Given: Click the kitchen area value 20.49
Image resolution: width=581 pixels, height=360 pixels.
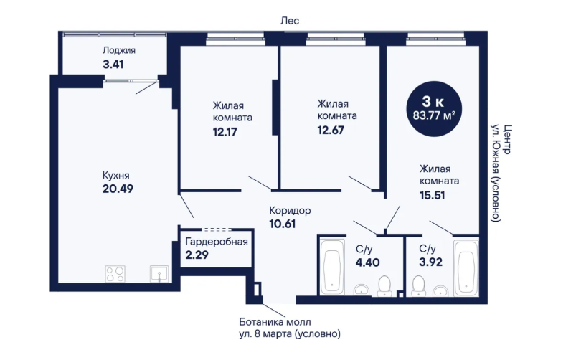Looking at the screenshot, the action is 118,189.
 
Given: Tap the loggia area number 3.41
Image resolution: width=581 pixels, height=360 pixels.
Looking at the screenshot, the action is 113,65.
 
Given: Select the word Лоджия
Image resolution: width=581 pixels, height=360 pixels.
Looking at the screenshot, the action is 119,50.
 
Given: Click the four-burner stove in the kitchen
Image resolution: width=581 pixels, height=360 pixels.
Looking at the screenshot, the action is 115,274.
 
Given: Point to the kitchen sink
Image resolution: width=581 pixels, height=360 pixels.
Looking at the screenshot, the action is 159,274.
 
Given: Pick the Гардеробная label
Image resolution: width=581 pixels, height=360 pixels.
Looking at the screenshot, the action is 217,242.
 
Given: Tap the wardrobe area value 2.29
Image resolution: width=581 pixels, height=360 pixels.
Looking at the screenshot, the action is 197,255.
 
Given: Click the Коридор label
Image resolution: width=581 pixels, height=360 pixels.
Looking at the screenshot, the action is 290,211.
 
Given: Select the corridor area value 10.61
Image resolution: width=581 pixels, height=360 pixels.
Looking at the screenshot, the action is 283,224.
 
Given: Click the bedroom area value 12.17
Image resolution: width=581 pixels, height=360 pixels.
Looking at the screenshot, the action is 225,132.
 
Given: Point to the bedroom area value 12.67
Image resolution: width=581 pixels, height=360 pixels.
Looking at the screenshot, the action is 331,130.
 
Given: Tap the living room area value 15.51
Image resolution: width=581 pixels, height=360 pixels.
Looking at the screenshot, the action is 432,195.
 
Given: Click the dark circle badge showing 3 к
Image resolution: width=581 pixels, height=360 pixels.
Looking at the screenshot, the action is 434,109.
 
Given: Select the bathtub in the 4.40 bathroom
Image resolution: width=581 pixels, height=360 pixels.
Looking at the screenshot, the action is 332,267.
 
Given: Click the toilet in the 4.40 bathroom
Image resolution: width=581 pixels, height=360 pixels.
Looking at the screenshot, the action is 384,286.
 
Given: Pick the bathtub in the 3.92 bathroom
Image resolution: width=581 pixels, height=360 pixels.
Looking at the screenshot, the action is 466,267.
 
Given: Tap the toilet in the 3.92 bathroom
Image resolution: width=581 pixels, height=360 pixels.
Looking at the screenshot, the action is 418,286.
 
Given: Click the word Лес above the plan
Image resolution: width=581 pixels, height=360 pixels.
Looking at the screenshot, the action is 290,21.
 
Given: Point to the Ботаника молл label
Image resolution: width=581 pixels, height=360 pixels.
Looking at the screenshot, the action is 275,321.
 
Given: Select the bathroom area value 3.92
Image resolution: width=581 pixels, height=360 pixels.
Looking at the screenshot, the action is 430,262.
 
